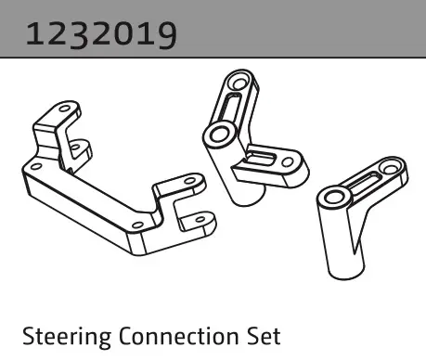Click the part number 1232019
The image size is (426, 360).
pyautogui.click(x=101, y=34)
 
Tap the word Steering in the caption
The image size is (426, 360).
pyautogui.click(x=67, y=337)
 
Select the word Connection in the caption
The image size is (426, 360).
pyautogui.click(x=178, y=336)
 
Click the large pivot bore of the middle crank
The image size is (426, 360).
pyautogui.click(x=219, y=135)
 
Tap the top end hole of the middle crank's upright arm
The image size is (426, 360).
pyautogui.click(x=239, y=84)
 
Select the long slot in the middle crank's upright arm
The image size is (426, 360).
pyautogui.click(x=230, y=108)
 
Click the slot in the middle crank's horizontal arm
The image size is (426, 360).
pyautogui.click(x=262, y=158)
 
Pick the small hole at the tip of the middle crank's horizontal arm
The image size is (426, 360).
pyautogui.click(x=288, y=161)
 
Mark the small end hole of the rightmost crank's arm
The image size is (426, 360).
pyautogui.click(x=391, y=168)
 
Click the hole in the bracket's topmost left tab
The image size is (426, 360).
pyautogui.click(x=65, y=109)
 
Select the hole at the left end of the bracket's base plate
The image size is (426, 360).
pyautogui.click(x=36, y=167)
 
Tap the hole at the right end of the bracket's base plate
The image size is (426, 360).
pyautogui.click(x=137, y=225)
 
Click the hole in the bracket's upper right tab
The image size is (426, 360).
pyautogui.click(x=190, y=181)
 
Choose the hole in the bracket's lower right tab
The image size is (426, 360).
pyautogui.click(x=200, y=220)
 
